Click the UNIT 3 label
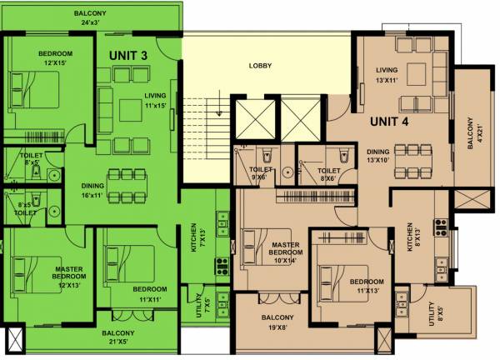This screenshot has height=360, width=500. point(128,55)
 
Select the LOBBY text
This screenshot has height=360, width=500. point(262,65)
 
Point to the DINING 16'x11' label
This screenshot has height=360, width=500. point(92,190)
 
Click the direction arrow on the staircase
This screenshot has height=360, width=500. point(216,107)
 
